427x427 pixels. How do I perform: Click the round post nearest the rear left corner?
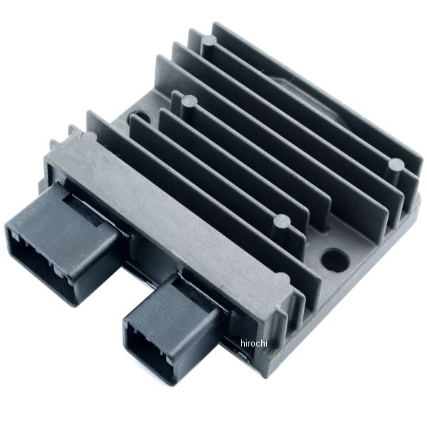click(206, 43)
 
